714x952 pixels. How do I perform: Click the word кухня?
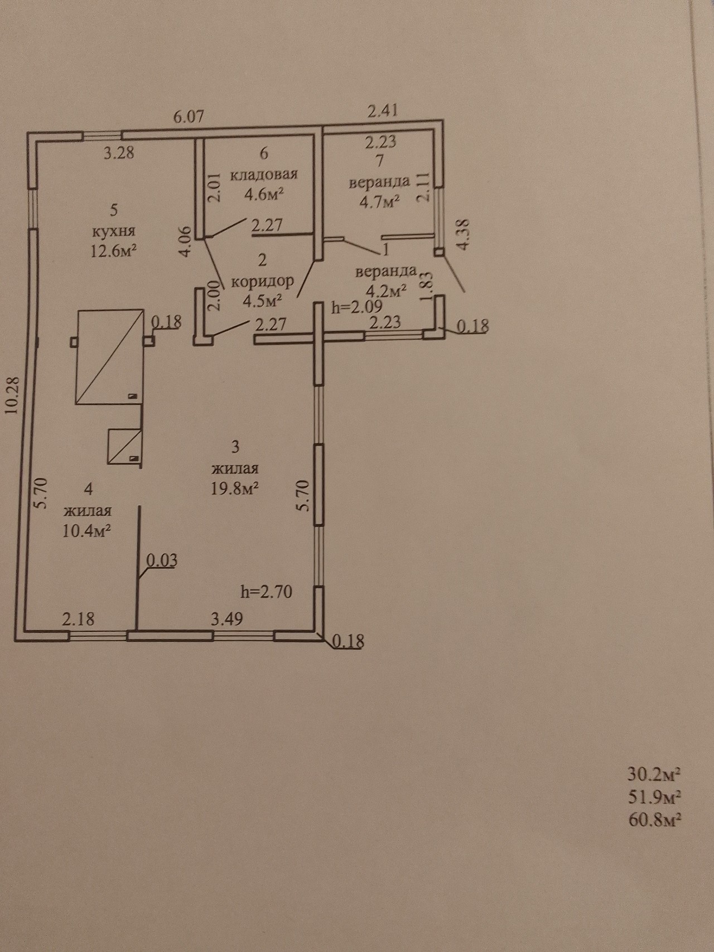click(114, 231)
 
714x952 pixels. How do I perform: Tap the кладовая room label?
click(264, 173)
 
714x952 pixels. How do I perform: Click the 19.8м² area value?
click(234, 488)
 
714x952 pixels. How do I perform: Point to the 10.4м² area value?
click(86, 530)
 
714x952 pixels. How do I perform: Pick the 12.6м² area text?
click(114, 251)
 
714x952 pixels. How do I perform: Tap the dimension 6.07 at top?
click(189, 117)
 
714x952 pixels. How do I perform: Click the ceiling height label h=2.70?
click(266, 591)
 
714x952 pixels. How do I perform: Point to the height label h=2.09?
click(356, 307)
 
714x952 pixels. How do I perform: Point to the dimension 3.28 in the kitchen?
click(119, 152)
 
